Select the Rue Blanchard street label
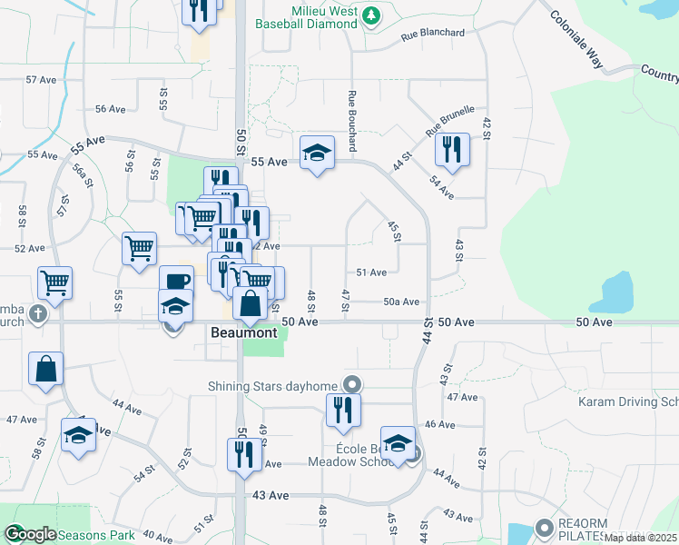tap(433, 34)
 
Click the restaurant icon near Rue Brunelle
tap(451, 148)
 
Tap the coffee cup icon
tap(176, 280)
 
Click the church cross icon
tap(37, 314)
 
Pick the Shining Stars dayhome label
tap(273, 384)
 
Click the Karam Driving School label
tap(628, 401)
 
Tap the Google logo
tap(29, 534)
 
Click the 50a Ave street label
tap(400, 302)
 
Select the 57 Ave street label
tap(42, 80)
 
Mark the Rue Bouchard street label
tap(350, 121)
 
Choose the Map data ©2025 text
tap(640, 538)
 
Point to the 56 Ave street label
tap(110, 109)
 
